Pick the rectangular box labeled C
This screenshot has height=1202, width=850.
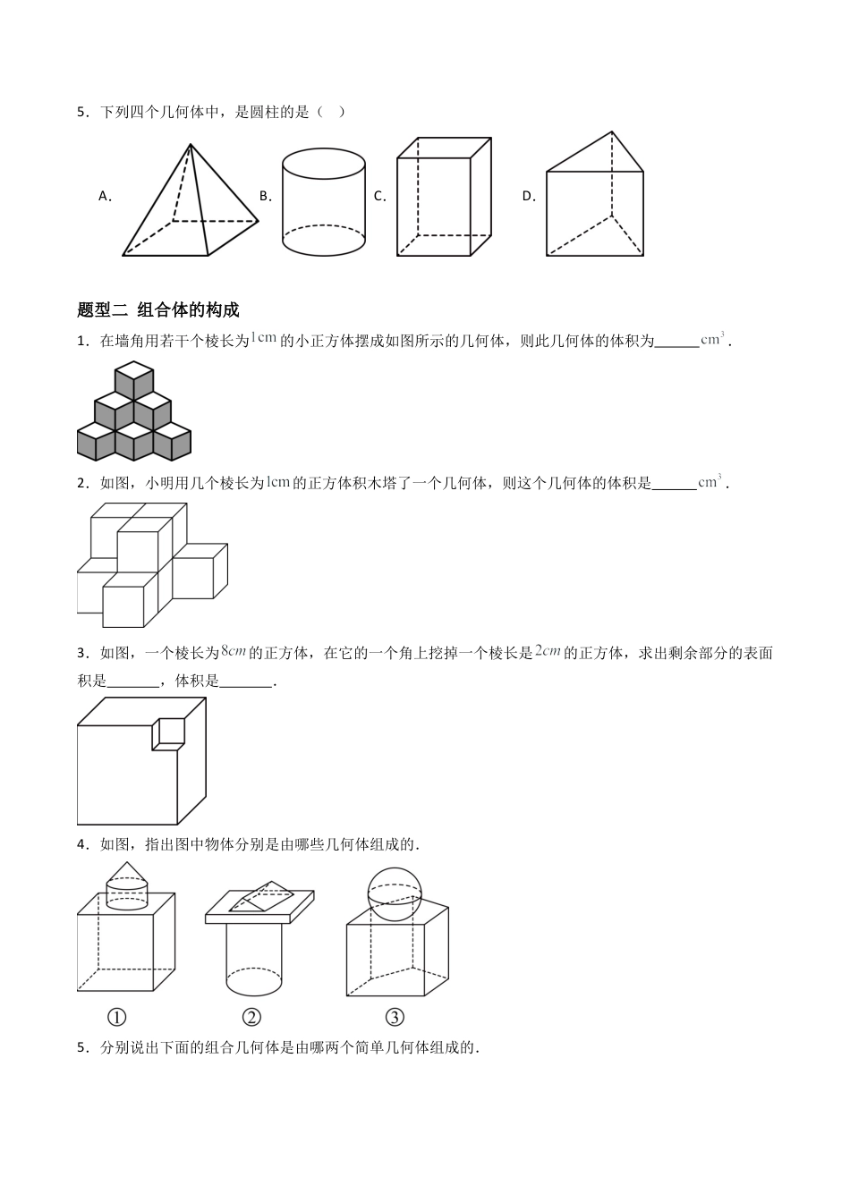click(x=444, y=197)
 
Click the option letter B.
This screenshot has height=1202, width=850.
click(x=265, y=196)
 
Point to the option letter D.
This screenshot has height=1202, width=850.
click(x=528, y=196)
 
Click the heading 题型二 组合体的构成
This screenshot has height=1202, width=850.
click(x=158, y=310)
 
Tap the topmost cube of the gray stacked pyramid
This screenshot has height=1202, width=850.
click(x=134, y=378)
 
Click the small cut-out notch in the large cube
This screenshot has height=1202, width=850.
click(x=168, y=731)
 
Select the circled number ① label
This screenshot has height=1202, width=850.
click(x=116, y=1017)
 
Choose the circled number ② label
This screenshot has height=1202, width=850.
click(x=251, y=1017)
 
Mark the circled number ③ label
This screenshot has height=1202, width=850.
click(x=395, y=1017)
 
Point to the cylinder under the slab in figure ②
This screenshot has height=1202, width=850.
click(x=253, y=959)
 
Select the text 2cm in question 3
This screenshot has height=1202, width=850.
click(x=548, y=652)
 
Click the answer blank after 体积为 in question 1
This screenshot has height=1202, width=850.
click(x=676, y=341)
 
